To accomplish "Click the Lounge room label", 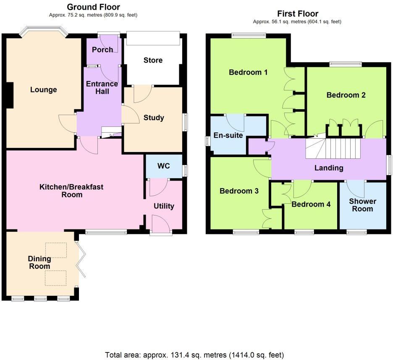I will [x=43, y=89].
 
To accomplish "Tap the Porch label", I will [x=102, y=50].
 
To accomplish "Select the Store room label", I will [x=153, y=60].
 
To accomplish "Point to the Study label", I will [x=154, y=118].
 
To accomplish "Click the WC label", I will [x=164, y=166].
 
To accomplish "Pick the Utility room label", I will [x=164, y=206].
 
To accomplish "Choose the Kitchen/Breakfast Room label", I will [x=71, y=191].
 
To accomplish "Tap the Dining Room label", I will [x=39, y=263].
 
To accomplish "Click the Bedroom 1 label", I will [x=248, y=72].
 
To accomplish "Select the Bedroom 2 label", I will [x=346, y=95].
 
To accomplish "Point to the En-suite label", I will [x=228, y=135].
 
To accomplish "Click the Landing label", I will [x=329, y=168].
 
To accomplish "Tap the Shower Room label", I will [x=363, y=205].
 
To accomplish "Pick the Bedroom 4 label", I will [x=311, y=205].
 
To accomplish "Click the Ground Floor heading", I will [x=93, y=7].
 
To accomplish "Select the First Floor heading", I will [x=298, y=14].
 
